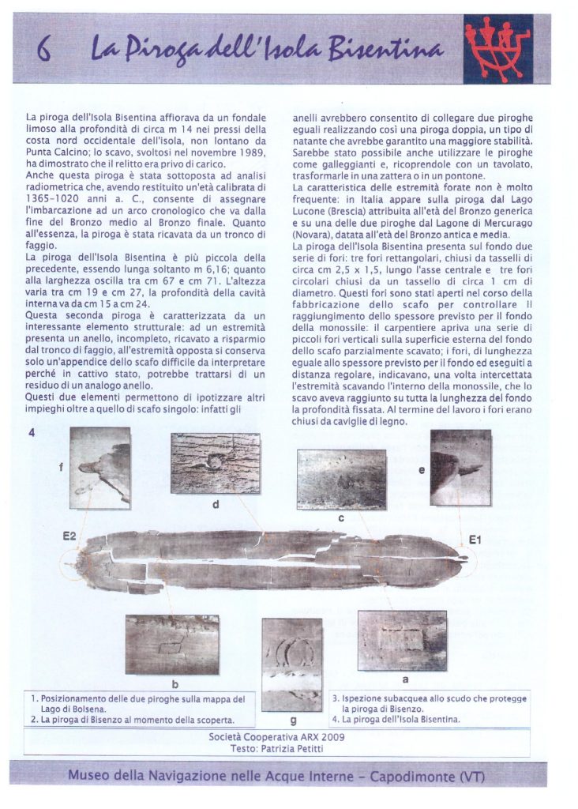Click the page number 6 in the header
tap(44, 53)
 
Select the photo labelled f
tap(99, 468)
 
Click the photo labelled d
tap(215, 463)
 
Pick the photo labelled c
tap(341, 479)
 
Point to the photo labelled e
tap(460, 468)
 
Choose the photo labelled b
tap(172, 645)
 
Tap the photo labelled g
tap(291, 664)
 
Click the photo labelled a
tap(402, 640)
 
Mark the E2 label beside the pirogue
tap(69, 537)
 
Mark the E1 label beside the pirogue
tap(475, 540)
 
